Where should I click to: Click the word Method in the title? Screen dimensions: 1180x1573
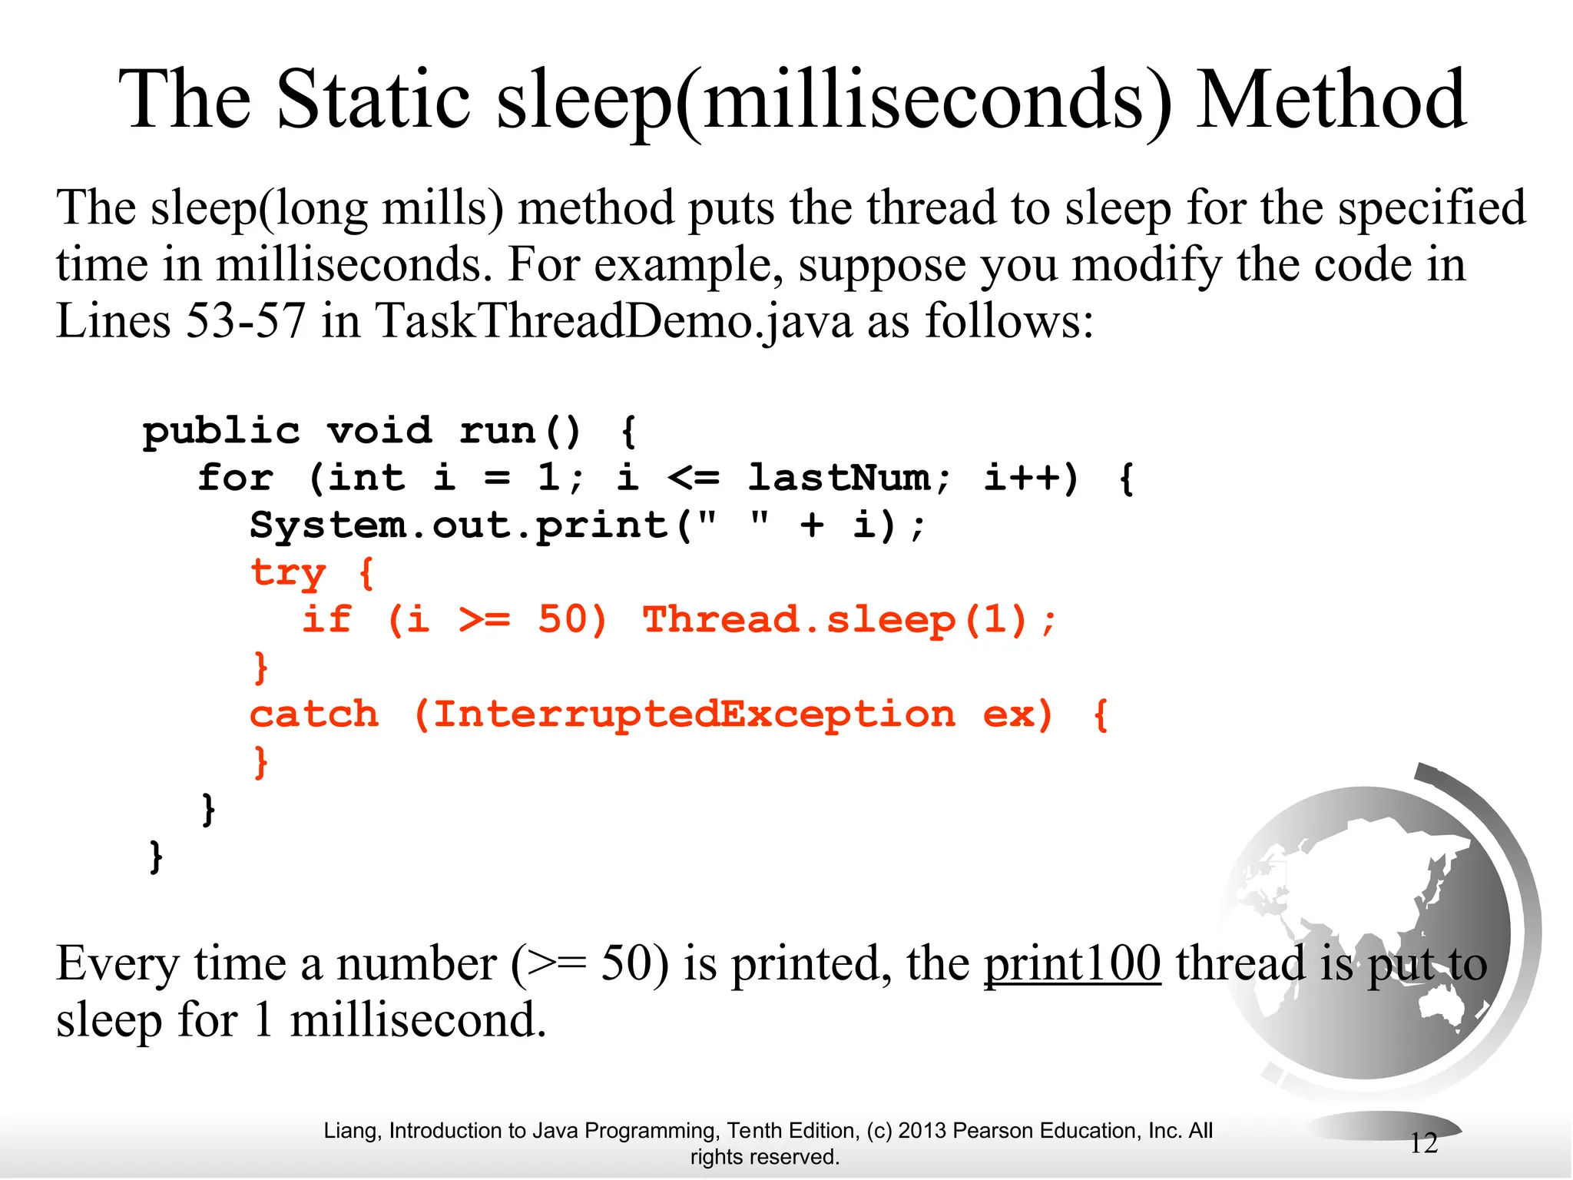coord(1332,100)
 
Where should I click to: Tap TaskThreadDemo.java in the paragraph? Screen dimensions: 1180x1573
coord(614,320)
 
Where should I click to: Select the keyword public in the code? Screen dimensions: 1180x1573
coord(221,431)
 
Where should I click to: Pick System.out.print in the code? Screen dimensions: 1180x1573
coord(459,525)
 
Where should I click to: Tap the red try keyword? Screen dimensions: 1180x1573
coord(289,573)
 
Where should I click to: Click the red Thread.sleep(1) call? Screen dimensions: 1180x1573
coord(849,620)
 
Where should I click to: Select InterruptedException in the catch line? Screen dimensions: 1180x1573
coord(694,714)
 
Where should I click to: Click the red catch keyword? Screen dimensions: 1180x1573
coord(314,714)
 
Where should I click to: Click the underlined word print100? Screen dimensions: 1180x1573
coord(1072,963)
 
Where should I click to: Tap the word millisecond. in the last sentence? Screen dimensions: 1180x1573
coord(418,1021)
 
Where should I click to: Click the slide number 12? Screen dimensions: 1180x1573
coord(1423,1143)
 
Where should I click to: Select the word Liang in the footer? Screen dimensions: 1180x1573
coord(351,1131)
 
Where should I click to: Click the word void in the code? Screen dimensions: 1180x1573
coord(379,431)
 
